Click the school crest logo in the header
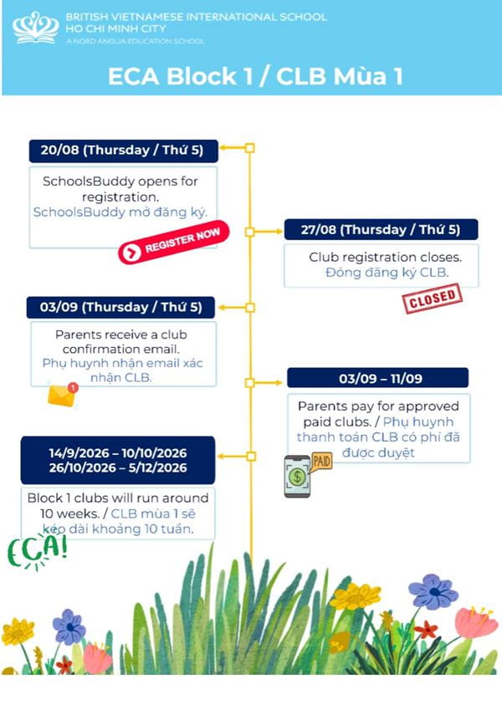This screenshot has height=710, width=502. click(35, 28)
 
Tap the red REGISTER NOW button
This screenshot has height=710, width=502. click(174, 242)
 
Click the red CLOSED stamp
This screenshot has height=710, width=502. click(432, 299)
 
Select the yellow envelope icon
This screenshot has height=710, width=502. click(62, 396)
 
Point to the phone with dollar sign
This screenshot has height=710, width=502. click(297, 477)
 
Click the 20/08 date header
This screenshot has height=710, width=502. click(123, 151)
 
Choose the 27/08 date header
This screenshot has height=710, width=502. click(381, 230)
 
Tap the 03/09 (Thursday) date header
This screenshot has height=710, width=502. click(121, 308)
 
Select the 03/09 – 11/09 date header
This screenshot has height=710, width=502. click(378, 378)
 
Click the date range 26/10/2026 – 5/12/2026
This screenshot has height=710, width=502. click(118, 467)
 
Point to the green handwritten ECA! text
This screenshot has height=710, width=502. click(37, 551)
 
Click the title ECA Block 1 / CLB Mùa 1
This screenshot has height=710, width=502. click(255, 76)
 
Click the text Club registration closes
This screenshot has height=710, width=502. click(386, 258)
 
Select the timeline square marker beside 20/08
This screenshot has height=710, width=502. click(249, 148)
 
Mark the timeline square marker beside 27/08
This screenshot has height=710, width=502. click(249, 232)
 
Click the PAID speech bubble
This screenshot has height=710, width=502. click(321, 462)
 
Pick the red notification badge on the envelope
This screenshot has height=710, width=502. click(73, 388)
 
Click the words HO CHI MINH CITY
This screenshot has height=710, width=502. click(115, 28)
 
